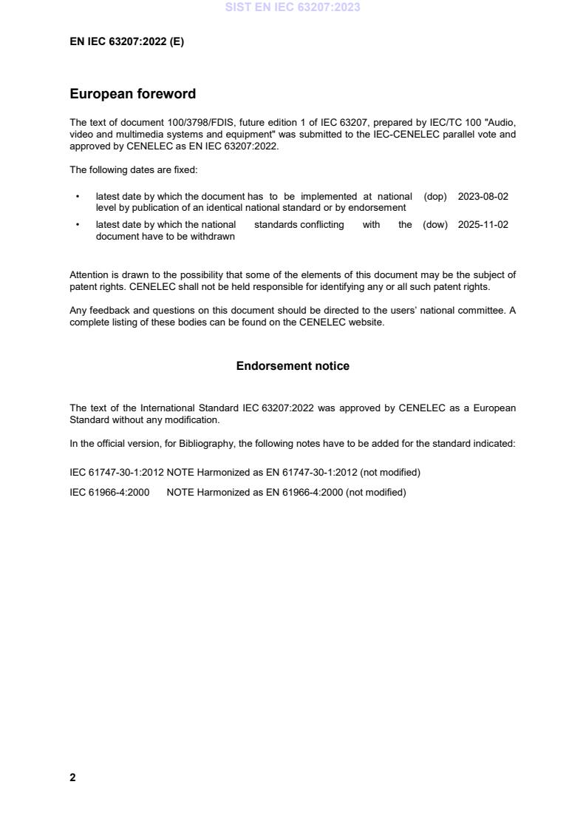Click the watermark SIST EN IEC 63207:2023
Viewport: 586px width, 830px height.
(x=293, y=8)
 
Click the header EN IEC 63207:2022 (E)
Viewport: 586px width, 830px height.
(x=126, y=42)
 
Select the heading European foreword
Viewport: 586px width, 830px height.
(x=133, y=94)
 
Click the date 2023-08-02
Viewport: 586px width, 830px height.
(x=483, y=197)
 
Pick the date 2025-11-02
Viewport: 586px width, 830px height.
(x=483, y=225)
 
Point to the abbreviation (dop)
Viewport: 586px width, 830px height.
(x=435, y=197)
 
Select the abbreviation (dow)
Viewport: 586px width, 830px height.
(x=435, y=225)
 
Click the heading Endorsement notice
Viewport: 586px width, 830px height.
(x=293, y=366)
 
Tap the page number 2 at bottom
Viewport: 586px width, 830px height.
(x=72, y=777)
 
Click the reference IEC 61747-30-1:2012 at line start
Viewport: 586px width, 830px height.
(x=117, y=472)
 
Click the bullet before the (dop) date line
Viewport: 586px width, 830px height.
(x=78, y=197)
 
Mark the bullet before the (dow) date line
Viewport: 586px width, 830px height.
(x=78, y=225)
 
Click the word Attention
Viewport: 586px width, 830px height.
(x=89, y=275)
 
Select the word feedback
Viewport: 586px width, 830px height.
(x=106, y=311)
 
